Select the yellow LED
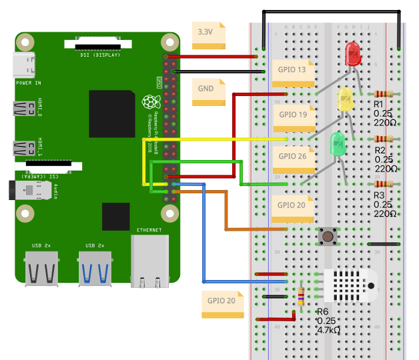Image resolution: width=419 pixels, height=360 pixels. pyautogui.click(x=346, y=100)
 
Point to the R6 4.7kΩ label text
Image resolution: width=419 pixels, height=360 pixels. pyautogui.click(x=329, y=321)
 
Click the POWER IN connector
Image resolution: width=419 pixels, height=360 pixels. pyautogui.click(x=26, y=65)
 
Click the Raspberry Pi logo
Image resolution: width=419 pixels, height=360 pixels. pyautogui.click(x=149, y=102)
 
